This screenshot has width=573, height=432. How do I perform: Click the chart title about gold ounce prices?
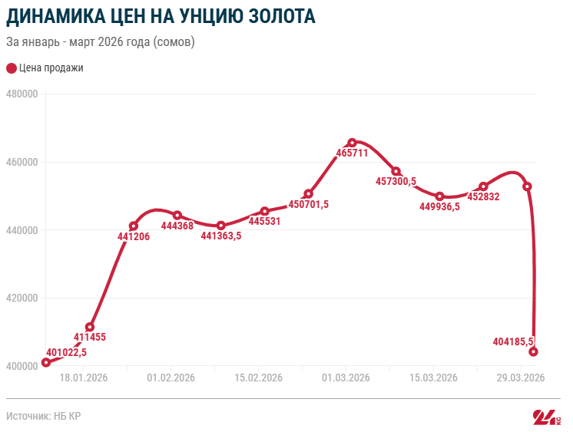(x=161, y=16)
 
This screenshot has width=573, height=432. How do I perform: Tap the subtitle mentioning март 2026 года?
(x=101, y=41)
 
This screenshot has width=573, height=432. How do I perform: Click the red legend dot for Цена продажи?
(x=11, y=68)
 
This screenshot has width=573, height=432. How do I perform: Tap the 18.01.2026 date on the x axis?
(x=83, y=378)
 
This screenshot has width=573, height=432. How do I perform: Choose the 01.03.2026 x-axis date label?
(x=346, y=378)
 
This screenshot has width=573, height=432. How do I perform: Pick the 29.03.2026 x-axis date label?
(x=520, y=378)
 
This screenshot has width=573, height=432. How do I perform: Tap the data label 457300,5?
(x=396, y=182)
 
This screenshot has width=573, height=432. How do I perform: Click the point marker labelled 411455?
(x=90, y=327)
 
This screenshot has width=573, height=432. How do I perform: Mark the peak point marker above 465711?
(x=353, y=143)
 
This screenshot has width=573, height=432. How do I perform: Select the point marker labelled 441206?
(x=134, y=226)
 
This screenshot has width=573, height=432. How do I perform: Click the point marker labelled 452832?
(x=483, y=186)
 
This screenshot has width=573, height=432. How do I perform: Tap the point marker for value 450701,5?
(x=309, y=193)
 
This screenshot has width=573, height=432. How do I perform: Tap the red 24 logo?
(x=546, y=417)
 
